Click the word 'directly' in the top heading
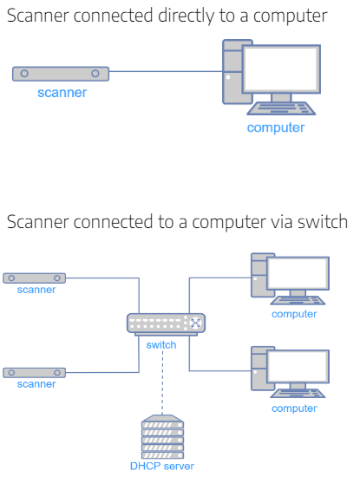click(x=186, y=16)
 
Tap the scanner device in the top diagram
click(x=61, y=74)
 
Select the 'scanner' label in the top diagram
click(x=62, y=93)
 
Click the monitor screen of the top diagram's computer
click(x=281, y=69)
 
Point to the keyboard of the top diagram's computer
click(x=281, y=108)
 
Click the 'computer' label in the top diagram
click(x=276, y=127)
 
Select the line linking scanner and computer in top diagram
click(x=166, y=71)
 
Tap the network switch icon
click(x=166, y=324)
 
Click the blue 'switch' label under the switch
click(x=161, y=345)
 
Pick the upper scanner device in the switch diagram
click(x=34, y=278)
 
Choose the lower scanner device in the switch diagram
click(x=34, y=373)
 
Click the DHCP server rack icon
click(x=162, y=436)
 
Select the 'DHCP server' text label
click(x=162, y=466)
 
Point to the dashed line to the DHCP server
click(x=162, y=382)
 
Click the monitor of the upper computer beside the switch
click(x=298, y=273)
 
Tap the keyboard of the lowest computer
click(x=298, y=394)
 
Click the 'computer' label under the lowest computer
click(x=294, y=408)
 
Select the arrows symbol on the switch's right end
click(x=195, y=323)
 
